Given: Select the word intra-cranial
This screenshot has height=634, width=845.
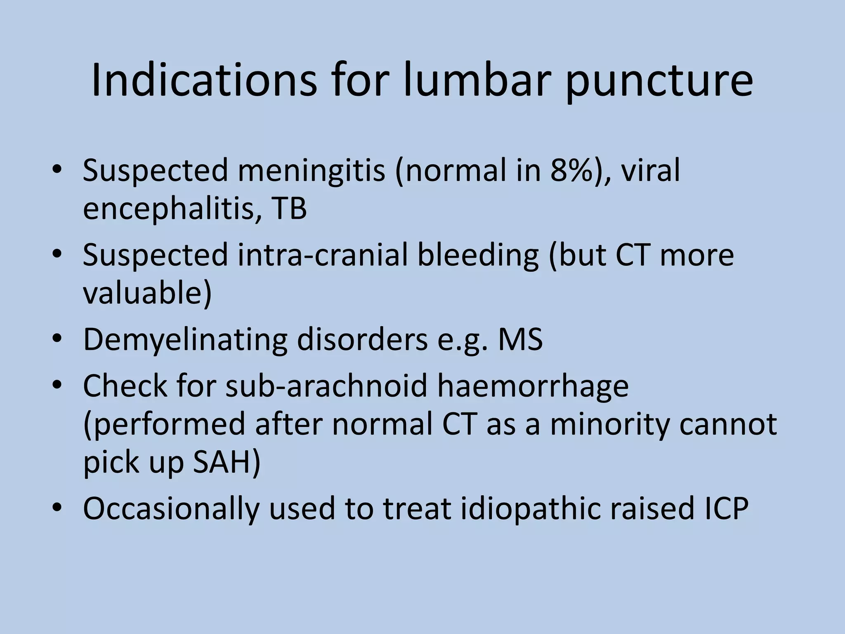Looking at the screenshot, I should [x=322, y=255].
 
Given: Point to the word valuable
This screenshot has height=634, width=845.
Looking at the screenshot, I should [x=147, y=293].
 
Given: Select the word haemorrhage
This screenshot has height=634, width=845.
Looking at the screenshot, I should [x=533, y=387].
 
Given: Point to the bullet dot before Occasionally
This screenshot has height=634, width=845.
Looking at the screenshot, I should [x=57, y=507].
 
